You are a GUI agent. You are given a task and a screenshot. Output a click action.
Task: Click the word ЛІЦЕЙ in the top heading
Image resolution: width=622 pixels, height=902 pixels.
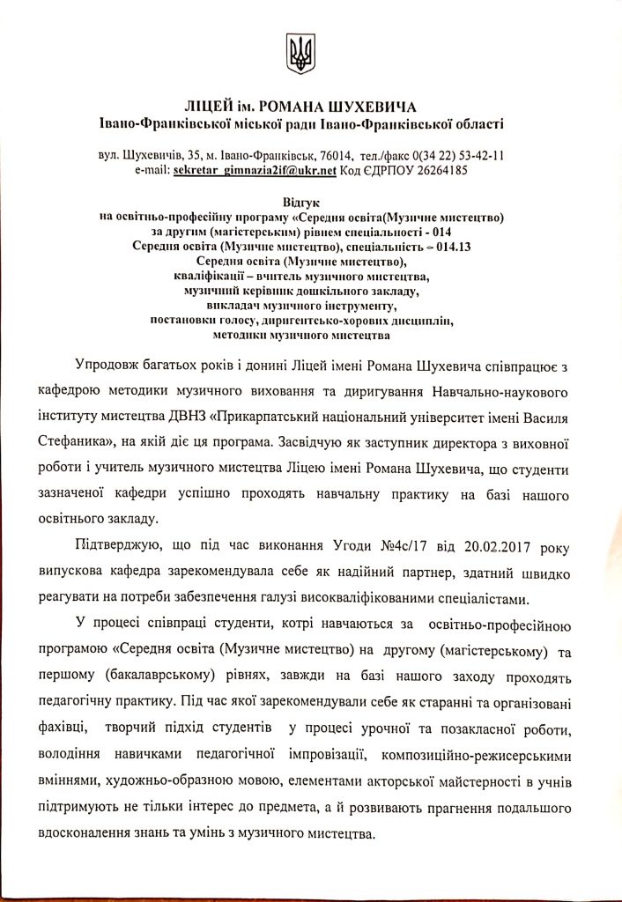(x=212, y=107)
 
